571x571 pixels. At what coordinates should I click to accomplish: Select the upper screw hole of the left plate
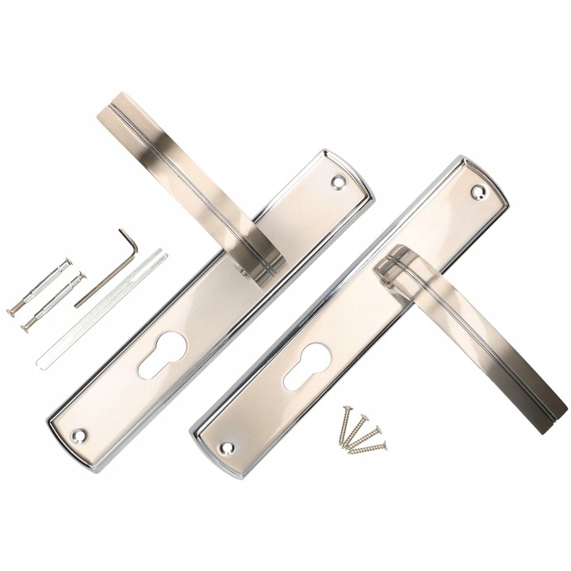point(339,182)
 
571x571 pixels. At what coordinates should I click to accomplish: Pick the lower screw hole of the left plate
point(79,435)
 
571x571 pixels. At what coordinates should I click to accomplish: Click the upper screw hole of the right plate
point(478,191)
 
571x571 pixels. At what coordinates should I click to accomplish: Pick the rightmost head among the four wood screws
point(385,446)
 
